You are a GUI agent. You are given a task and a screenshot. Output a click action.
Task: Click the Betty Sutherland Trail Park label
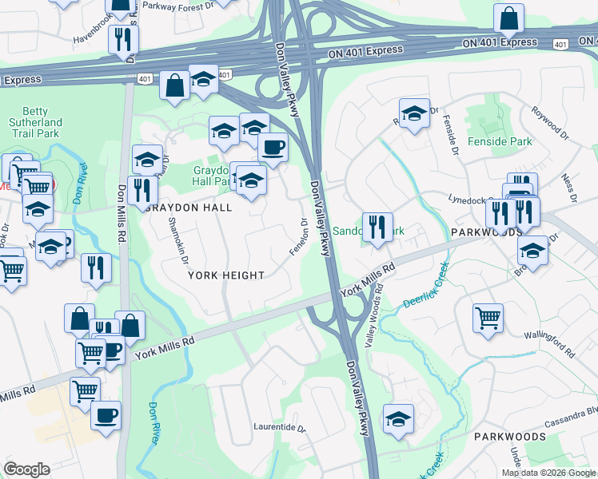pos(34,122)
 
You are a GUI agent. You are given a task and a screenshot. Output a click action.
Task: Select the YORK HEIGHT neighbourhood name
pos(226,275)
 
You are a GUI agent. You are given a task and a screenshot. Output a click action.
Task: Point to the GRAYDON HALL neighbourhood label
pos(189,208)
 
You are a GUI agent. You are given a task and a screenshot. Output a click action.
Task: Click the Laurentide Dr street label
pos(280,428)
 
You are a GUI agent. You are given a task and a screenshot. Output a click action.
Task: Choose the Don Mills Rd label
pos(122,204)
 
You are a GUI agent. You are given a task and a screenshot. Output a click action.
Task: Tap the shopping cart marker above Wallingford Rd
pos(488,318)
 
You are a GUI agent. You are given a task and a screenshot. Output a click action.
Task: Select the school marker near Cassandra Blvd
pos(398,418)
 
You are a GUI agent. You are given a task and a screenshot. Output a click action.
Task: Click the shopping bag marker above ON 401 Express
pos(509,18)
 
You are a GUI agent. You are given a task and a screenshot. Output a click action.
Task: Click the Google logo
pos(26,469)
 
